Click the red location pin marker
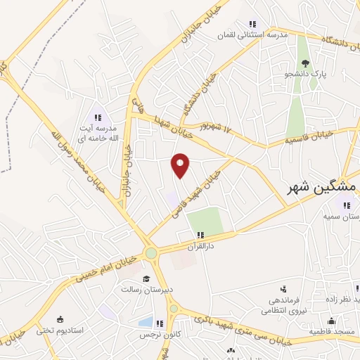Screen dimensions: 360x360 [x=181, y=165]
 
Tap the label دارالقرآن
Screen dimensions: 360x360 [x=200, y=246]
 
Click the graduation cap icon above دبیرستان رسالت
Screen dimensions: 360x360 [x=146, y=278]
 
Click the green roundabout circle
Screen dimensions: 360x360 [x=150, y=253]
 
